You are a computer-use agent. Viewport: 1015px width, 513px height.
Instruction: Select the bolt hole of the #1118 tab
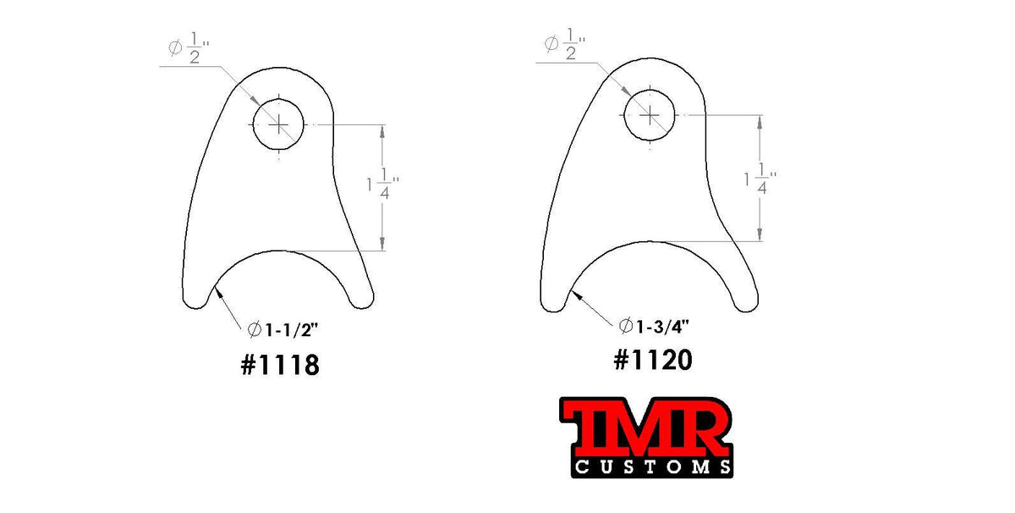278,124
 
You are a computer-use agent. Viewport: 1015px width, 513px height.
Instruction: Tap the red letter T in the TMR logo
590,430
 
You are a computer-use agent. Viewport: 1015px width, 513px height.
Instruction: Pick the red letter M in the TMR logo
640,430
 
